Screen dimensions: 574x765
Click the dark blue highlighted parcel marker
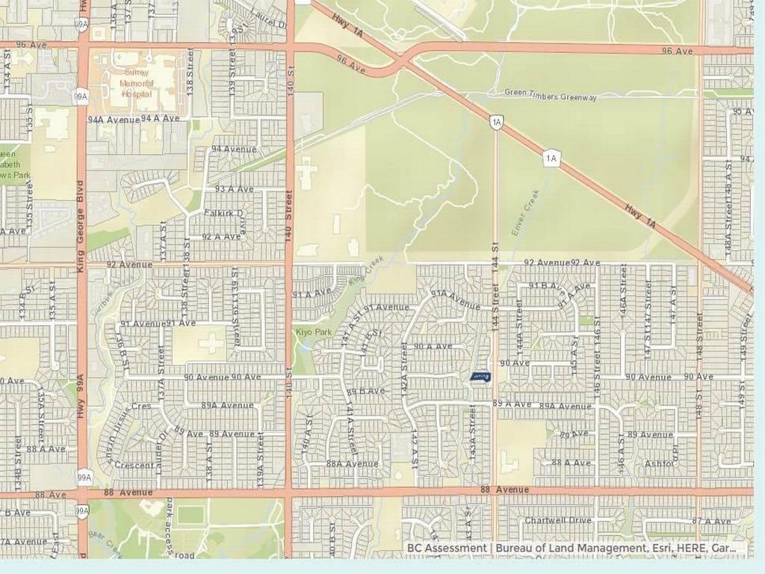[480, 377]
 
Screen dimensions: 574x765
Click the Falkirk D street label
[224, 213]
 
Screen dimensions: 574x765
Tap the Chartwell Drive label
[557, 520]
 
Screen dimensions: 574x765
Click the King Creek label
[365, 270]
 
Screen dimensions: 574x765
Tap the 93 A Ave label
[234, 189]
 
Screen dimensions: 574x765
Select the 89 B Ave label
[365, 391]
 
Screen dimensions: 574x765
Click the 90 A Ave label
[433, 346]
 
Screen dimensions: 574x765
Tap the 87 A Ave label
[712, 521]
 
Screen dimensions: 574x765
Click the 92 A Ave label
[222, 237]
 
